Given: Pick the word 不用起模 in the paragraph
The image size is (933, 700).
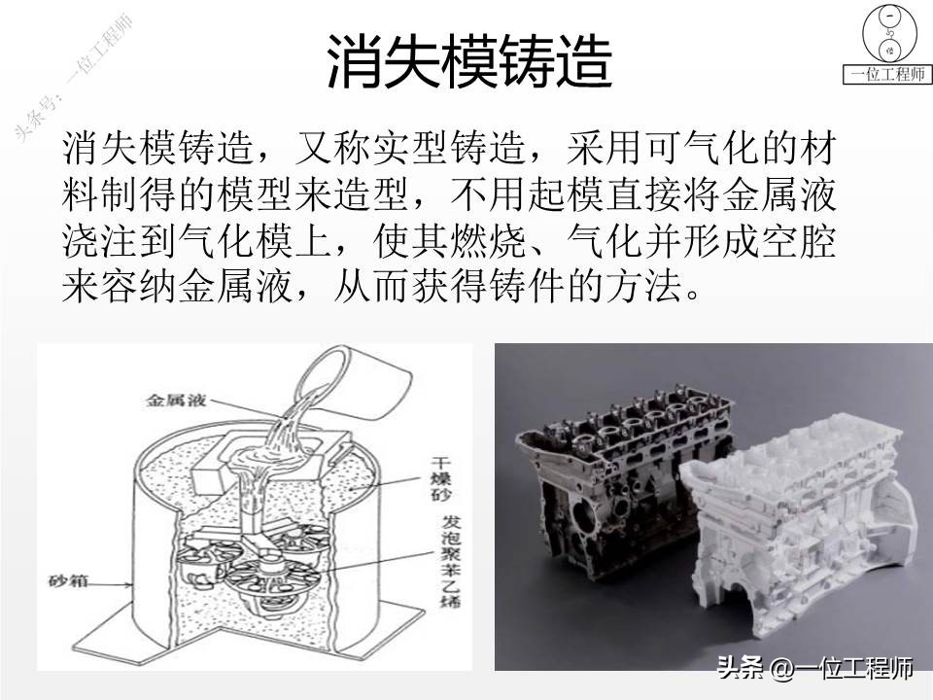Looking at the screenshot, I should pos(506,197).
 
